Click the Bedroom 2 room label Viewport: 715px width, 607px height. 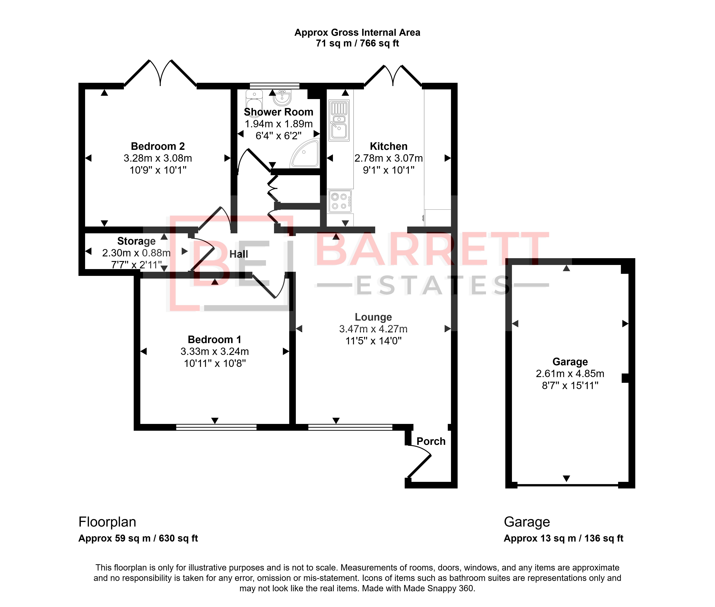point(158,146)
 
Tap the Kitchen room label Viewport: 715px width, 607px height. point(388,146)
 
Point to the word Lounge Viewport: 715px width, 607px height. point(373,317)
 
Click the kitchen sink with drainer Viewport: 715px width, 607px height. point(339,121)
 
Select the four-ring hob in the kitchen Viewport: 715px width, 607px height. point(340,201)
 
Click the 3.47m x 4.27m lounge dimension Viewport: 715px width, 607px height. point(373,329)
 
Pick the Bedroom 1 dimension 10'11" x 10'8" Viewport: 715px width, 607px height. point(215,363)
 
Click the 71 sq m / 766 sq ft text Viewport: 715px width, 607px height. point(357,43)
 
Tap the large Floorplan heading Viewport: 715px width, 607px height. point(107,522)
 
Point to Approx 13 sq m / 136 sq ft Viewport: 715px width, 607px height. point(564,538)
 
